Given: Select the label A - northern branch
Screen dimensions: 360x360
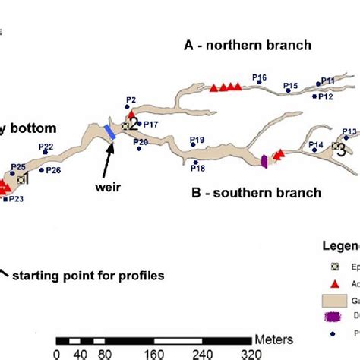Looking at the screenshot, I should pyautogui.click(x=248, y=46).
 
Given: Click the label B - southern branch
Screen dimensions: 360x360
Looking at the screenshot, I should pyautogui.click(x=256, y=193).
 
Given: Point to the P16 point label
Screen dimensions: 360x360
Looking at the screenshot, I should pyautogui.click(x=259, y=77).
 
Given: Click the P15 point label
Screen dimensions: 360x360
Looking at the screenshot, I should pyautogui.click(x=290, y=87).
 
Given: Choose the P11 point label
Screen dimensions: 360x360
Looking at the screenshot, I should pyautogui.click(x=328, y=80).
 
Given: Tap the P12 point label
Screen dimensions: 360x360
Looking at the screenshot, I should pyautogui.click(x=325, y=97).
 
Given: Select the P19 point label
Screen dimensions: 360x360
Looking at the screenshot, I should pyautogui.click(x=197, y=140).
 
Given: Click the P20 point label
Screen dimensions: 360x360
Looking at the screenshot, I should pyautogui.click(x=141, y=142).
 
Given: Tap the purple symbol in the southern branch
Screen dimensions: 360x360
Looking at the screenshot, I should pyautogui.click(x=265, y=160).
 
